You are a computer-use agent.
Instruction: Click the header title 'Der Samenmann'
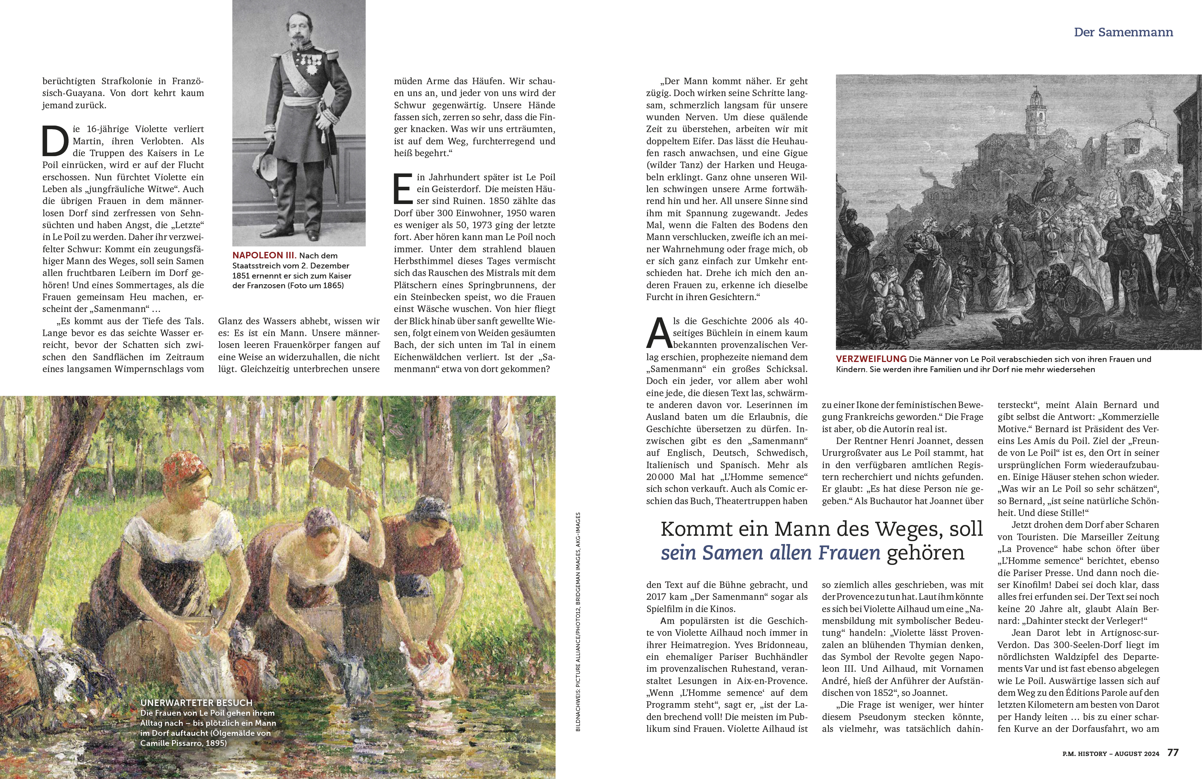coord(1123,32)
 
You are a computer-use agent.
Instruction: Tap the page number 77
coord(1173,752)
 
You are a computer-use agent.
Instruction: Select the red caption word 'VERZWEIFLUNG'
coord(871,359)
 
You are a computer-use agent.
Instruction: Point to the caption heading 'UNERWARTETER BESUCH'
coord(196,702)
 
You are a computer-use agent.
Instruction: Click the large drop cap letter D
coord(55,141)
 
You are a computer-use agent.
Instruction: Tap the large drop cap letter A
coord(658,333)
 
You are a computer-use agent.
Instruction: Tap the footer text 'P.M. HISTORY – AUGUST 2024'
coord(1111,753)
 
